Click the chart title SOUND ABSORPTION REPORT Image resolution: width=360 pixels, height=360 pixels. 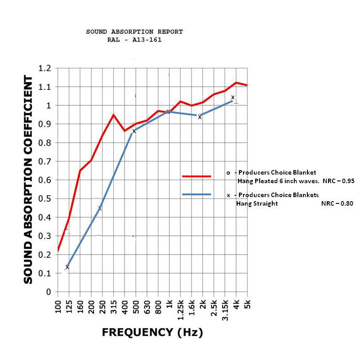coord(134,32)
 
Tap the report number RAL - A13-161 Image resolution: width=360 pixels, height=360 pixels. coord(134,40)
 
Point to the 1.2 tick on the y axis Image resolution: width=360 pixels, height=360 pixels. coord(45,68)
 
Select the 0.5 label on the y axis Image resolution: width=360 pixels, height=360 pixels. coord(45,199)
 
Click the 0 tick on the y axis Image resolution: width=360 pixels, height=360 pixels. coord(48,292)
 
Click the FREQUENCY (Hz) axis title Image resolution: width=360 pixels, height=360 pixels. coord(152,333)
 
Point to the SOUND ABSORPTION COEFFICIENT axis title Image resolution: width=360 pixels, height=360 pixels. coord(28,180)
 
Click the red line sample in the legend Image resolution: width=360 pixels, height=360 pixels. coord(197,176)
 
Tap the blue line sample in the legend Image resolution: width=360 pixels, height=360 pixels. coord(197,194)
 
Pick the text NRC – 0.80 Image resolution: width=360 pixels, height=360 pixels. coord(337,203)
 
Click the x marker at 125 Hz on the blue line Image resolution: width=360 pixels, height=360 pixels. coord(67,267)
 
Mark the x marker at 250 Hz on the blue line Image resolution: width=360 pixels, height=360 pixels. coord(100,208)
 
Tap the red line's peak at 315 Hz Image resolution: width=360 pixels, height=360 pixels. coord(113,115)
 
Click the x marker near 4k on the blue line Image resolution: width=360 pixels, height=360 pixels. coord(233,98)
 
